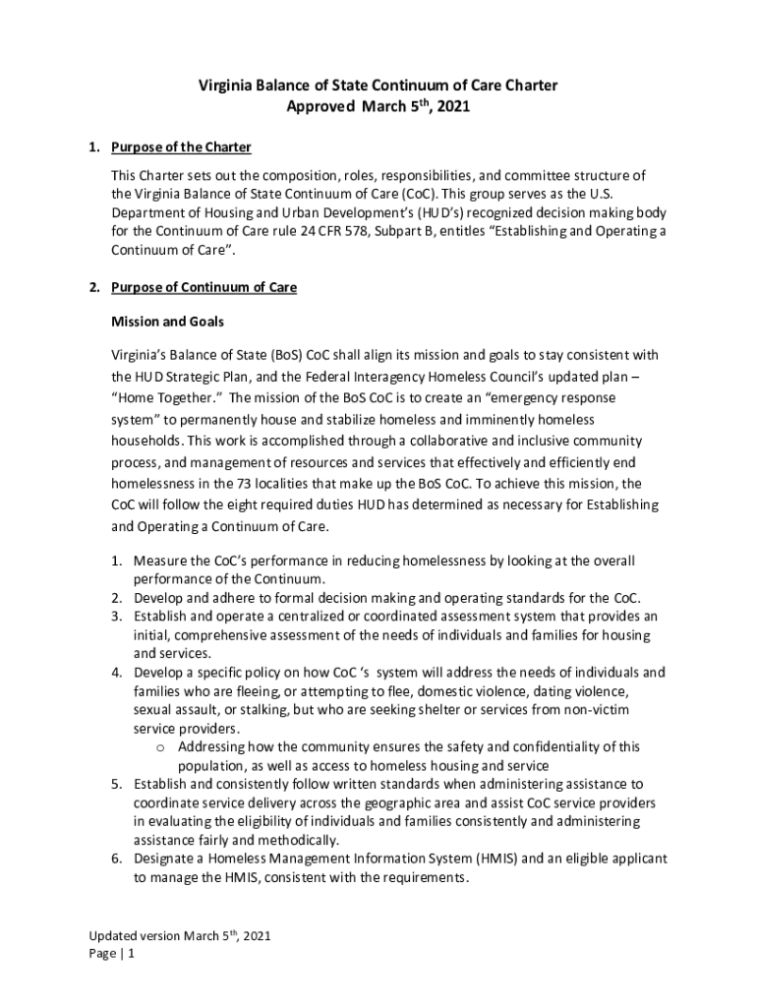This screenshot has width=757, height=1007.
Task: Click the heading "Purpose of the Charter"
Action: (x=181, y=148)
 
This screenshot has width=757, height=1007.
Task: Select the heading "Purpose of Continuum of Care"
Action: (x=204, y=287)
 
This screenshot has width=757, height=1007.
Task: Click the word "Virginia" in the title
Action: (x=226, y=86)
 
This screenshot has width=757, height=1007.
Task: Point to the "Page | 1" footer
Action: (x=111, y=953)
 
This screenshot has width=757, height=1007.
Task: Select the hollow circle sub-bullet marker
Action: (x=160, y=747)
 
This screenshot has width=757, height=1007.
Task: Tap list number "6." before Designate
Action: (x=116, y=859)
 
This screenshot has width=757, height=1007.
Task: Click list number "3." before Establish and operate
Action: (x=116, y=617)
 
